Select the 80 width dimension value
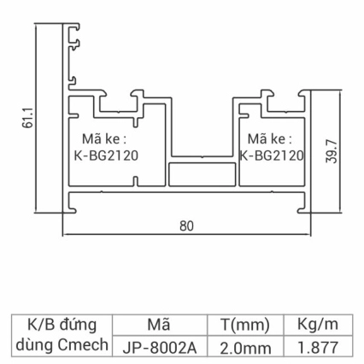(186, 226)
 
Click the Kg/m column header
(319, 325)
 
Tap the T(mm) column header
(245, 325)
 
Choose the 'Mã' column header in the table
(159, 325)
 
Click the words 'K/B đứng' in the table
(62, 325)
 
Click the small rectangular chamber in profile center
(203, 174)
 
